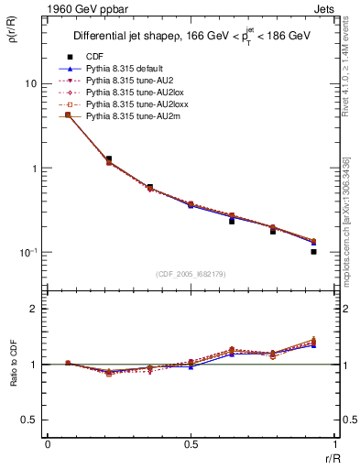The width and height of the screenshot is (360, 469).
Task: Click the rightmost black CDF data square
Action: point(313,251)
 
